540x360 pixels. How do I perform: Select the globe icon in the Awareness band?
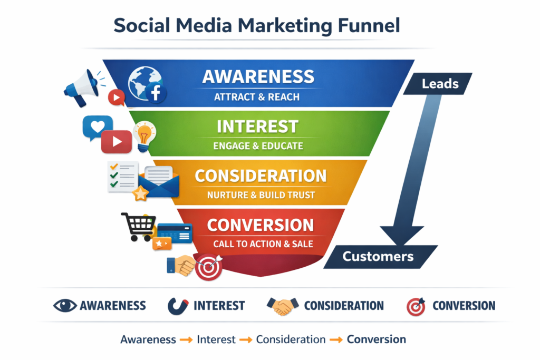coord(140,83)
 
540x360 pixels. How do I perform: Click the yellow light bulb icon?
coord(144,135)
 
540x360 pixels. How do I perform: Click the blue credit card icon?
coord(175,232)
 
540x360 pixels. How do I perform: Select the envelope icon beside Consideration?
coord(161,182)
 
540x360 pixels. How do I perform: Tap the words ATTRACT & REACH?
coord(257,97)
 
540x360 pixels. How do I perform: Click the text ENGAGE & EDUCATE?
coord(258,145)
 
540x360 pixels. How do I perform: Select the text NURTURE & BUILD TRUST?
coord(261,194)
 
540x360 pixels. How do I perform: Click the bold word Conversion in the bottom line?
coord(376,339)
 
